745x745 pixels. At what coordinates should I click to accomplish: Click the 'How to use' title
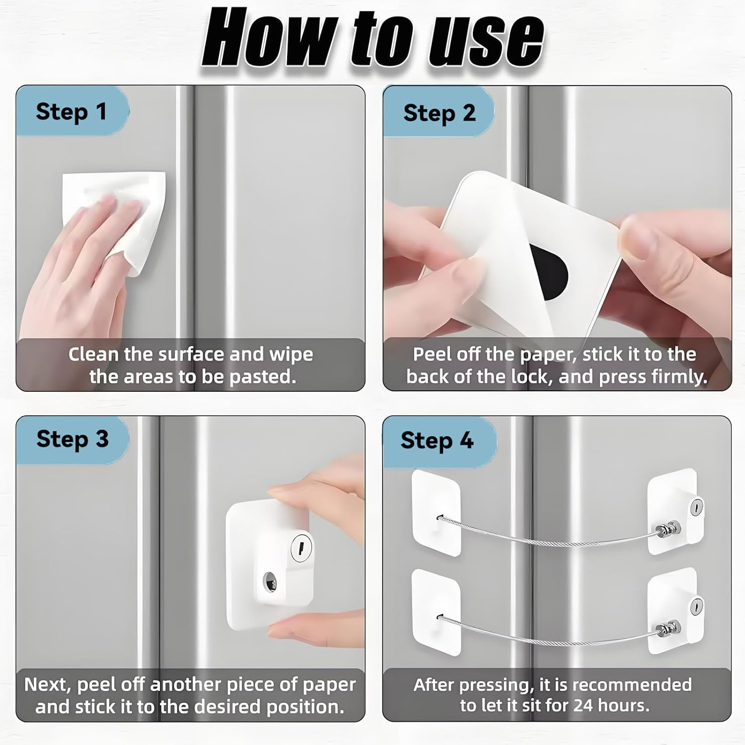[x=372, y=39]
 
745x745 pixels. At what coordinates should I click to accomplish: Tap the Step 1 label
[x=71, y=112]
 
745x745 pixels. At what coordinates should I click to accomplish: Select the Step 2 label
[x=439, y=114]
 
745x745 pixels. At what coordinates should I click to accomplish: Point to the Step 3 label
[x=72, y=440]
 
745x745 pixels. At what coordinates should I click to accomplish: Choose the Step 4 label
[x=437, y=441]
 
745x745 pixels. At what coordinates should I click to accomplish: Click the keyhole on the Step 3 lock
[x=301, y=548]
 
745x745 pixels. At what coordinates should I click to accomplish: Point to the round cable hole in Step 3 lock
[x=271, y=582]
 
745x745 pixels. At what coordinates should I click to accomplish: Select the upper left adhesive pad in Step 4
[x=436, y=512]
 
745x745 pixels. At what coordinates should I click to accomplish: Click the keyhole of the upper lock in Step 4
[x=696, y=507]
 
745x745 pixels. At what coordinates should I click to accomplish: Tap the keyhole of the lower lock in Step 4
[x=696, y=606]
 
